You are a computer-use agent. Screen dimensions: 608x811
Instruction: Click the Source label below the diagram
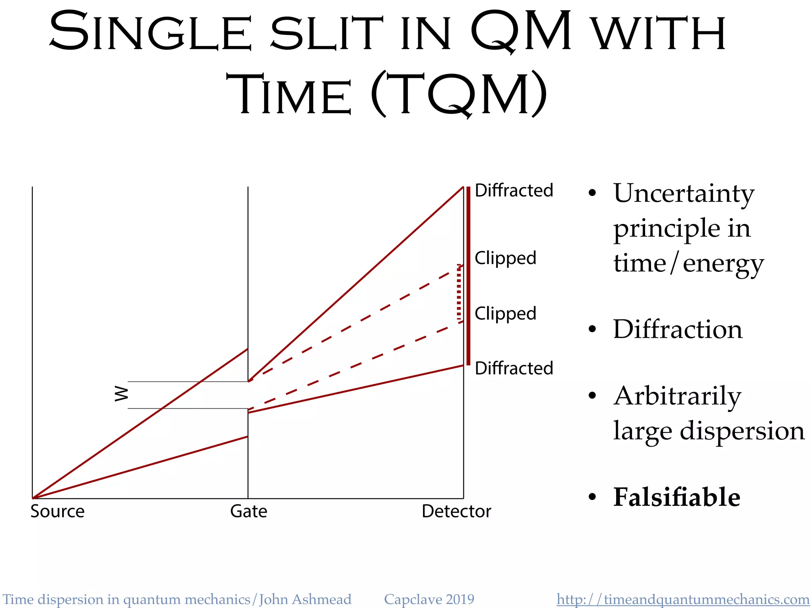click(x=57, y=511)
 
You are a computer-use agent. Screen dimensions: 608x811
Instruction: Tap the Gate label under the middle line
click(x=249, y=511)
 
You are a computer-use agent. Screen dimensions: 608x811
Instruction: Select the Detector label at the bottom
click(x=456, y=511)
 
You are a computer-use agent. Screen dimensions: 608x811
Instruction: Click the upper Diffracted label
click(x=514, y=190)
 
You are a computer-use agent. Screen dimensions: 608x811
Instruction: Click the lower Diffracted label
click(x=514, y=368)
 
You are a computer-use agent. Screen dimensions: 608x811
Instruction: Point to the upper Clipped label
click(x=505, y=258)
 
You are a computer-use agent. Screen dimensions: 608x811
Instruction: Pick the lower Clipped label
click(x=505, y=313)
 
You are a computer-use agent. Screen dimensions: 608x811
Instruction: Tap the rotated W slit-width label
click(x=121, y=394)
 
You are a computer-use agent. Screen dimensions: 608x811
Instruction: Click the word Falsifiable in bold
click(x=676, y=497)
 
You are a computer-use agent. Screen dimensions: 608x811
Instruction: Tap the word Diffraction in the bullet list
click(x=678, y=329)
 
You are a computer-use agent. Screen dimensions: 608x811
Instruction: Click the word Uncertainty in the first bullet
click(x=684, y=194)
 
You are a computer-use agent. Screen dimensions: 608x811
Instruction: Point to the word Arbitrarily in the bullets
click(x=677, y=396)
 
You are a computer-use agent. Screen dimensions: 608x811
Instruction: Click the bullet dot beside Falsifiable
click(x=592, y=497)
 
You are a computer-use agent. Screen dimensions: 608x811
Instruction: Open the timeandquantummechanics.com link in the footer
click(x=683, y=599)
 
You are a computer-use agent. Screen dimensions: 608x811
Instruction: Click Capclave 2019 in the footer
click(x=429, y=599)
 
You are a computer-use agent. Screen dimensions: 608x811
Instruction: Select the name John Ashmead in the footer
click(x=305, y=599)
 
